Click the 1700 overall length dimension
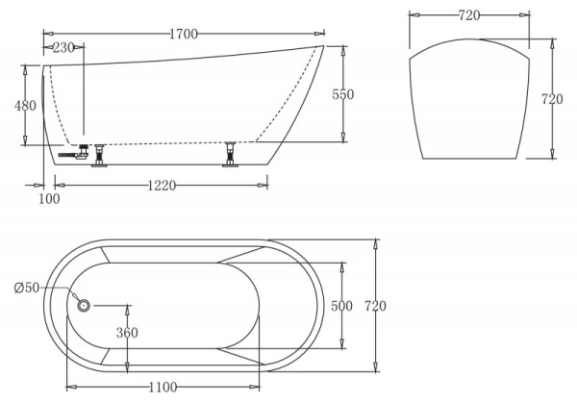(x=183, y=34)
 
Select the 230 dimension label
(x=63, y=47)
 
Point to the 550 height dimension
(x=343, y=94)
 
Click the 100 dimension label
(x=49, y=198)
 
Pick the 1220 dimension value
(x=162, y=186)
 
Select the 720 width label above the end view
(x=470, y=15)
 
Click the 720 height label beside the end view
(x=552, y=99)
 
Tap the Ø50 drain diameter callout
(x=29, y=288)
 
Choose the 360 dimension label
(x=127, y=333)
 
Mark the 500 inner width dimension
(x=341, y=306)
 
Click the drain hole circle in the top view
(x=84, y=306)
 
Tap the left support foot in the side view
(x=98, y=157)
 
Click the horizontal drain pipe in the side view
(x=69, y=153)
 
